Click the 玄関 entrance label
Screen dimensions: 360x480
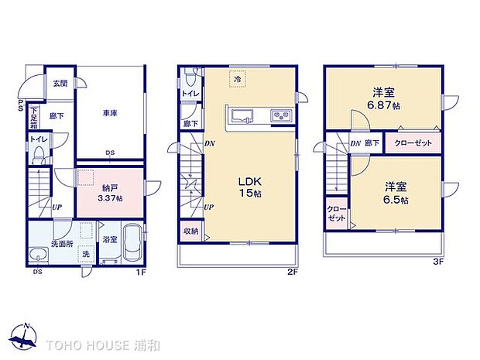[60, 83]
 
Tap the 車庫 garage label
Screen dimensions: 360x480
[109, 113]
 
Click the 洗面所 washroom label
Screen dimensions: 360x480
[61, 245]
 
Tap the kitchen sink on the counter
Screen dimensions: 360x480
[241, 117]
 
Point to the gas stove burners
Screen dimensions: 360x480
[279, 117]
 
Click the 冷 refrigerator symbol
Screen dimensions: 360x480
[238, 79]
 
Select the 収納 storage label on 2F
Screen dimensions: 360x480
[190, 231]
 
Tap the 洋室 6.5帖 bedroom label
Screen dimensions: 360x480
[394, 193]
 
